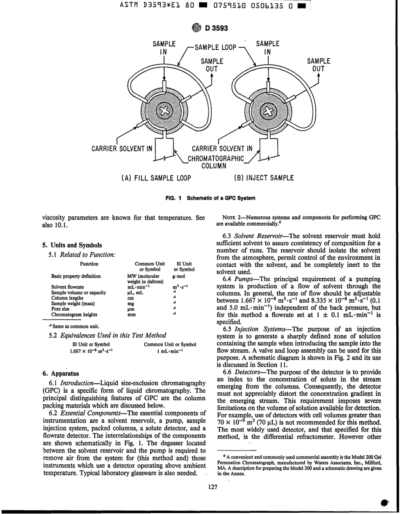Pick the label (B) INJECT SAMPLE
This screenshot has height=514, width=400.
[264, 178]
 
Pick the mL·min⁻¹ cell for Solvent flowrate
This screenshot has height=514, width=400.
[139, 287]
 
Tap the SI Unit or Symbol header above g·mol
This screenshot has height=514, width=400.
[184, 266]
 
